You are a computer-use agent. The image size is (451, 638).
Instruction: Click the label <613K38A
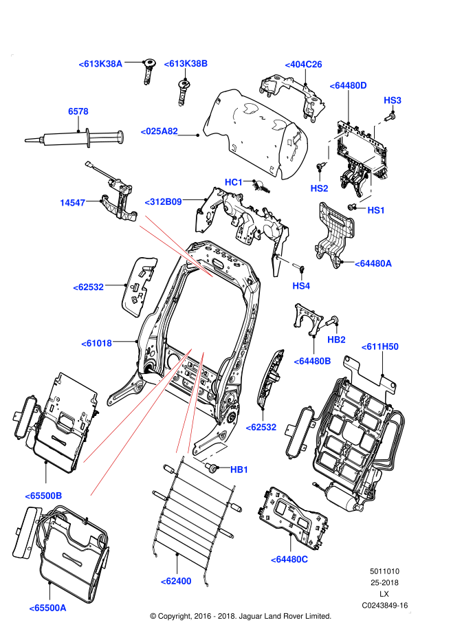tap(100, 64)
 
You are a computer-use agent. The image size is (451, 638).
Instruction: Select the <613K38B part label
tap(186, 64)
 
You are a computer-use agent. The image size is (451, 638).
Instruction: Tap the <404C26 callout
tap(303, 65)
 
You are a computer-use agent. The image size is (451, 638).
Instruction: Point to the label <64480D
tap(348, 85)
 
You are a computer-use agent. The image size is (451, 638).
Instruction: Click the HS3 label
tap(393, 100)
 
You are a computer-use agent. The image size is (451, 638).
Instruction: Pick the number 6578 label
tap(78, 111)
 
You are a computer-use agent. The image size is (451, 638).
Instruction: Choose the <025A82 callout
tap(159, 131)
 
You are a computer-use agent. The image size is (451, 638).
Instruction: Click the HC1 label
tap(234, 182)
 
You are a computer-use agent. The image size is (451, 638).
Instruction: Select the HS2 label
tap(319, 188)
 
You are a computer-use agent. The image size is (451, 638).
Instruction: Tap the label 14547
tap(72, 203)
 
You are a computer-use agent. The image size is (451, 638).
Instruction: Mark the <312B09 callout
tap(163, 202)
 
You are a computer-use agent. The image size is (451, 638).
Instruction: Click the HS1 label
tap(376, 210)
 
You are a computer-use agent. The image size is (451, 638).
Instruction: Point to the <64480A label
tap(373, 263)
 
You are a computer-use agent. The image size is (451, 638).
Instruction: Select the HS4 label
tap(301, 286)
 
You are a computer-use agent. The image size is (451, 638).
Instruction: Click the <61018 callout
tap(96, 343)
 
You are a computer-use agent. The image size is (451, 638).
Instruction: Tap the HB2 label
tap(336, 340)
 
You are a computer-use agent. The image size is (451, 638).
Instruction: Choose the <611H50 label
tap(379, 346)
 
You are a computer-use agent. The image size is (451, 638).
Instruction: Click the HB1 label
tap(239, 470)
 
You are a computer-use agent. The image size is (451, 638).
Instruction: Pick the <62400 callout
tap(176, 581)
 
